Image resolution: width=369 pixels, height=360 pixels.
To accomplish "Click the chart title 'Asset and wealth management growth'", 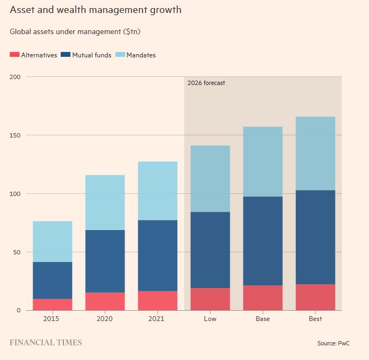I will pos(95,10).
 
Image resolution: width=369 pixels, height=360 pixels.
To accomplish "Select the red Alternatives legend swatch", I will pos(15,55).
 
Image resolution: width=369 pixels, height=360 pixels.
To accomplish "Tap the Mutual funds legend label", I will pos(92,55).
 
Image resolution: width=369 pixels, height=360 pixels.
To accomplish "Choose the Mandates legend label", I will pos(141,55).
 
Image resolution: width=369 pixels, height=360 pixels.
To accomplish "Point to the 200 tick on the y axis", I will pos(15,77).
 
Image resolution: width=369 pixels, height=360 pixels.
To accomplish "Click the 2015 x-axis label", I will pos(52,319).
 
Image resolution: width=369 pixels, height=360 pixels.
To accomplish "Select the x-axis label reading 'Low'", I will pos(210,319).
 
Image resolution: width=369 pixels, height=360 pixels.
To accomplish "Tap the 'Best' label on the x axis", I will pos(315,319).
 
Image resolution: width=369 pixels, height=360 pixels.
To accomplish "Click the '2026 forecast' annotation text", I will pos(206,83).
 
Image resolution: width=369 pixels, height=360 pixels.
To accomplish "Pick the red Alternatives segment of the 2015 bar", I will pos(53,304).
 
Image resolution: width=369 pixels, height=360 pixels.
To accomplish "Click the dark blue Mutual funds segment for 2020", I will pos(105,261).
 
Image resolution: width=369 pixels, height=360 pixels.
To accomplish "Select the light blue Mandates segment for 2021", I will pos(158,191).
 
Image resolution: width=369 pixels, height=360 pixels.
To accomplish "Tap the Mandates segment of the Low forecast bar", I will pos(210,179).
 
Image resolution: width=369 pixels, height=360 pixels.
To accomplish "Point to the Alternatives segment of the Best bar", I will pos(315,297).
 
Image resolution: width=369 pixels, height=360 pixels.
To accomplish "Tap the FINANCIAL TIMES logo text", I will pos(46,343).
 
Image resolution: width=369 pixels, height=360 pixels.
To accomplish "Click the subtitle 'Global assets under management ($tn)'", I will pos(75,32).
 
